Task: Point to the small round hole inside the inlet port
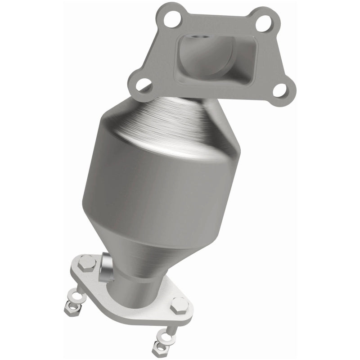point(195,46)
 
